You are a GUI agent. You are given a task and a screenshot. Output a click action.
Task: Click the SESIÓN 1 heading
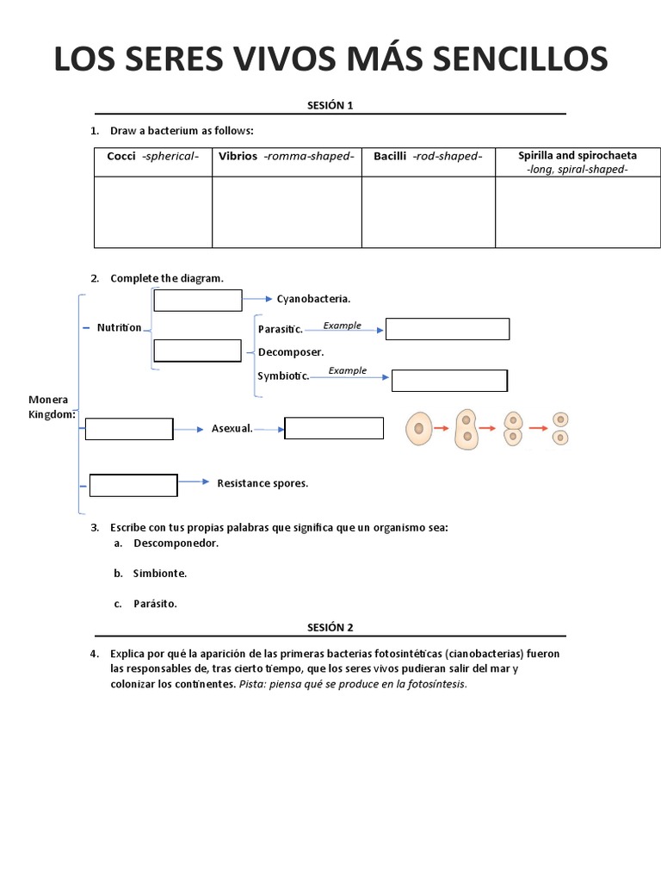click(x=330, y=105)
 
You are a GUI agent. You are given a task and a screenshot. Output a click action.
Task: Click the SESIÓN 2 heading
click(x=330, y=627)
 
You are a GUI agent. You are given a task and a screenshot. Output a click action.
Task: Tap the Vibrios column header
click(x=286, y=156)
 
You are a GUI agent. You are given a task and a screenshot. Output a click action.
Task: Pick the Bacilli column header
click(x=428, y=156)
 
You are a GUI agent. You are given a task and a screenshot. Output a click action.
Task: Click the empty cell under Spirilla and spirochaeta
click(x=578, y=212)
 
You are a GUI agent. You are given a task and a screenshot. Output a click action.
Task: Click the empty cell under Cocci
click(x=153, y=212)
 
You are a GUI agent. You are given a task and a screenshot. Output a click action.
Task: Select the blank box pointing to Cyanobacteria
click(x=198, y=300)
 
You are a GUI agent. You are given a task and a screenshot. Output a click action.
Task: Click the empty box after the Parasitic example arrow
click(x=447, y=329)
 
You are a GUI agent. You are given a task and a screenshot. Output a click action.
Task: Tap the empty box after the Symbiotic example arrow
click(x=449, y=381)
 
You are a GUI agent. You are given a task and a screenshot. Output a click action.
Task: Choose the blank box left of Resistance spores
click(x=133, y=485)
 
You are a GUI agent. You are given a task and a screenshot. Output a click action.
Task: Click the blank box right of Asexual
click(x=333, y=428)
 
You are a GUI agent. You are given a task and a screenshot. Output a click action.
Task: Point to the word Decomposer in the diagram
click(x=291, y=351)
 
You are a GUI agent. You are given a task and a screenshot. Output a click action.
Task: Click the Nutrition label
click(x=119, y=327)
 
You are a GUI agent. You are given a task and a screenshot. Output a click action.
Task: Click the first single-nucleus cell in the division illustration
click(x=418, y=428)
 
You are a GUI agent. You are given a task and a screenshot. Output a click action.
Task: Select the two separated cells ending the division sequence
click(x=560, y=428)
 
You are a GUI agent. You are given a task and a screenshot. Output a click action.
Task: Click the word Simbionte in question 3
click(x=160, y=573)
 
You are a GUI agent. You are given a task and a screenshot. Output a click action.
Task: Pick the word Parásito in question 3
click(x=155, y=603)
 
